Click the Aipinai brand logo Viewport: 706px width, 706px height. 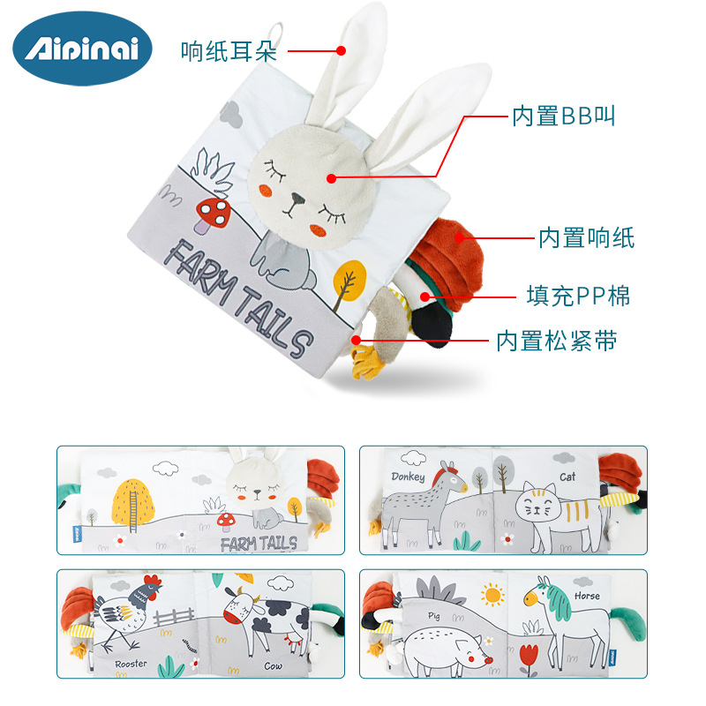click(82, 49)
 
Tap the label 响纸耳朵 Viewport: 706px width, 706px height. click(229, 50)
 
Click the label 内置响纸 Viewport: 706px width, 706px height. click(586, 237)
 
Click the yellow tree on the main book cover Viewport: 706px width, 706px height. click(349, 279)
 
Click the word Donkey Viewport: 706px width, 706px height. click(409, 477)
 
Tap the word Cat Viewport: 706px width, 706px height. click(567, 477)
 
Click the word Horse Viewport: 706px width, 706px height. click(587, 596)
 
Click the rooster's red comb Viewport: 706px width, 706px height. click(154, 582)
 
